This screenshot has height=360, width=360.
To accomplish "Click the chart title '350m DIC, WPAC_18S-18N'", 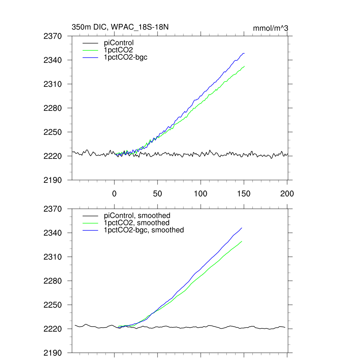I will coord(117,27).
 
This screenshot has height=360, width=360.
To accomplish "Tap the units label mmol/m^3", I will coord(271,28).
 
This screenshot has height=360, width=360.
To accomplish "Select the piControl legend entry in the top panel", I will coord(119,43).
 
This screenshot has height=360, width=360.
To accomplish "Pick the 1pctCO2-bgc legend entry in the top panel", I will coord(126,57).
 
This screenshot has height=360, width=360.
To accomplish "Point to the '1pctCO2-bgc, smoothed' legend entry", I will coord(144,230).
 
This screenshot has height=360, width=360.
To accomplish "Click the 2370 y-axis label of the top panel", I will coord(53,36).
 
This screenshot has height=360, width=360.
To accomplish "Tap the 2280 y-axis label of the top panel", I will coord(53,108).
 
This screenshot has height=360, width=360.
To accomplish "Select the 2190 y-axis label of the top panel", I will coord(53,180).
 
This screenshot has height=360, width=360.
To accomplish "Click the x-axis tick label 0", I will coord(114,194).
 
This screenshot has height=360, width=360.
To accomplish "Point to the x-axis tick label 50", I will coord(157,194).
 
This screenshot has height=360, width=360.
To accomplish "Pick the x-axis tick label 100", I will coord(201,194).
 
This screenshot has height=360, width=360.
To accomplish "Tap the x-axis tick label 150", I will coord(244,194).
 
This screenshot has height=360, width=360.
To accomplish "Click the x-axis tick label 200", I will coord(287,194).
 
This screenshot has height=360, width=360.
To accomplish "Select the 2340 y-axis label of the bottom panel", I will coord(53,233).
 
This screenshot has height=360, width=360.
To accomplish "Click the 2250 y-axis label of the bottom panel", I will coord(53,305).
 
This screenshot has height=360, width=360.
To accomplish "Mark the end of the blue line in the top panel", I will coord(244,53).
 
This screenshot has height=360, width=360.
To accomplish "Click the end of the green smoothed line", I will coord(242,241).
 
